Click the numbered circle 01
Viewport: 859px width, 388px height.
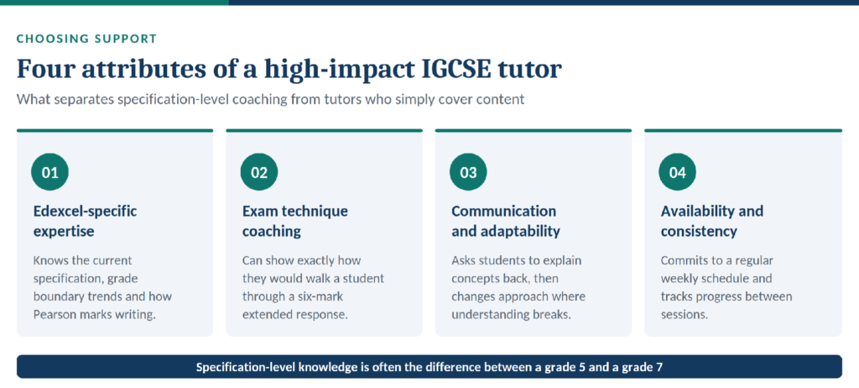tap(49, 172)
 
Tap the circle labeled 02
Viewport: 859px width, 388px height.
tap(259, 172)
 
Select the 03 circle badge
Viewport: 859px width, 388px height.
tap(468, 172)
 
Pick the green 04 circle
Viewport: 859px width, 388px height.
tap(677, 172)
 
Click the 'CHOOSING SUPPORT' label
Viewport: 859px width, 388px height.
tap(86, 39)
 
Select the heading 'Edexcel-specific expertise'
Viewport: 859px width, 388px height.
tap(85, 221)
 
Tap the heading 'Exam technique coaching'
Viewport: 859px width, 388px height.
tap(295, 221)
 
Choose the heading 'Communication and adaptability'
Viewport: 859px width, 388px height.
tap(506, 221)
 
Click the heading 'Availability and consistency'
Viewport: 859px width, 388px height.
tap(711, 221)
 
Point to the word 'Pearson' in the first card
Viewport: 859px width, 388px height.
tap(53, 315)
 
